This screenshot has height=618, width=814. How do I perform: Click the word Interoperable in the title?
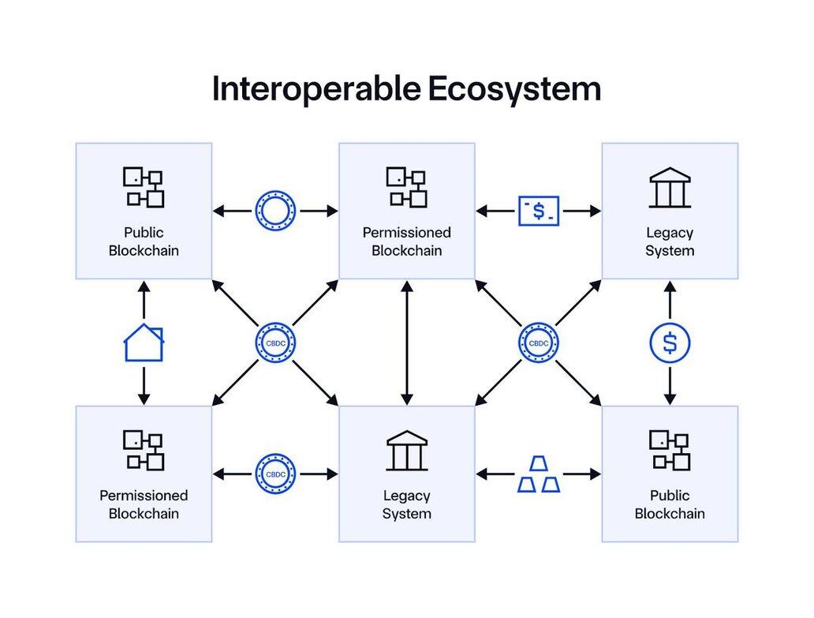pos(316,88)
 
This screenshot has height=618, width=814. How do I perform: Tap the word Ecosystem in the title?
pos(514,88)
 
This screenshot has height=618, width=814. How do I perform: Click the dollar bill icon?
pos(538,211)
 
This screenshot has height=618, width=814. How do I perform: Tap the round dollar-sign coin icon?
pos(670,343)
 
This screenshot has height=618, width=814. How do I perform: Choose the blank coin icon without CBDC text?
pos(275,211)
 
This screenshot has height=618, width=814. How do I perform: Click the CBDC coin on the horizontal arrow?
pos(275,474)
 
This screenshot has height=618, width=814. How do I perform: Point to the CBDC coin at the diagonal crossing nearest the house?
pos(275,343)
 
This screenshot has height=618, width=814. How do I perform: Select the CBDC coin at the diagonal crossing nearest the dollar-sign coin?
pos(538,343)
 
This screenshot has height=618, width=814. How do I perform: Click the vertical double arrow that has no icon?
pos(407,343)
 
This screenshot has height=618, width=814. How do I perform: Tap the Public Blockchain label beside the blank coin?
pos(144,242)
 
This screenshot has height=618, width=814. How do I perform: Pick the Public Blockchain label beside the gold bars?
pos(670,504)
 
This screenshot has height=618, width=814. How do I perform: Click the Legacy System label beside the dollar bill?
pos(670,242)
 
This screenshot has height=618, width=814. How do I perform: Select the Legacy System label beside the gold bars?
pos(407,504)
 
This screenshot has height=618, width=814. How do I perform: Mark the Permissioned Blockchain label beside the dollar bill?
pos(407,242)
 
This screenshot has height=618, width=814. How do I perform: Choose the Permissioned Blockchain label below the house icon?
pos(144,504)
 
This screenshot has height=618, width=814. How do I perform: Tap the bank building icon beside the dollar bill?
pos(670,187)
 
